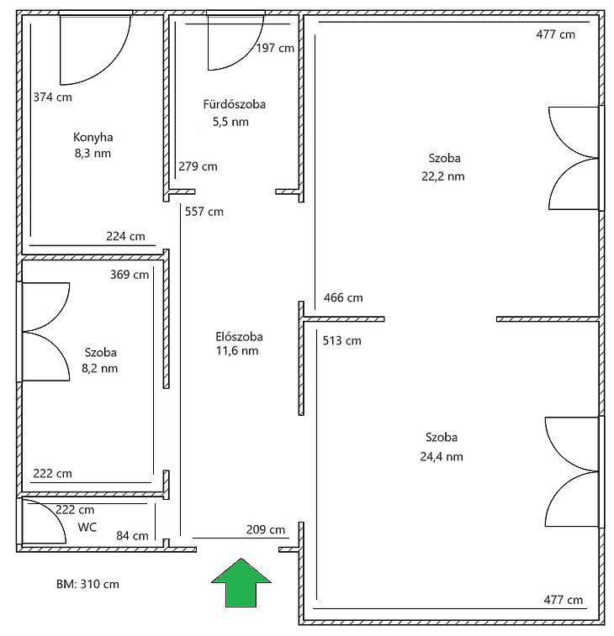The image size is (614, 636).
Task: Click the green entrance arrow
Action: click(241, 582)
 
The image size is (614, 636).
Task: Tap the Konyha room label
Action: click(93, 137)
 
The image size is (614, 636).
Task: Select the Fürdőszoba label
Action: click(235, 104)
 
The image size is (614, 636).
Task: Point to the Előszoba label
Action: click(239, 337)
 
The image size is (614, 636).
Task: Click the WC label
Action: click(87, 528)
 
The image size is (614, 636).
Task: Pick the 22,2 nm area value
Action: click(443, 176)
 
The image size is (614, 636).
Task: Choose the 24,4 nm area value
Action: click(442, 457)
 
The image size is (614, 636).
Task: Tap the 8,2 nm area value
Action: click(100, 368)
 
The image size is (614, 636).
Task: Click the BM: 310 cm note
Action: click(87, 584)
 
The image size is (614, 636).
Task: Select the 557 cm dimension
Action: click(204, 212)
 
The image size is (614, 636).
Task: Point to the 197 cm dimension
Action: click(275, 48)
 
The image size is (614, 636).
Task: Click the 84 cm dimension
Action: click(132, 536)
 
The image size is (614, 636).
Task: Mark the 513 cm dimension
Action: click(342, 340)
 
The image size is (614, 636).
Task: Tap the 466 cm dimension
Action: click(343, 297)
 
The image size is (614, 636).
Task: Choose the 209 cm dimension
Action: click(266, 529)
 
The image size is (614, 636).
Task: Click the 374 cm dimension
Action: click(52, 97)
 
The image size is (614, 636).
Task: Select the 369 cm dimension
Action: click(130, 275)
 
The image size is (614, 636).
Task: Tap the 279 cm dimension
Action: click(198, 166)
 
